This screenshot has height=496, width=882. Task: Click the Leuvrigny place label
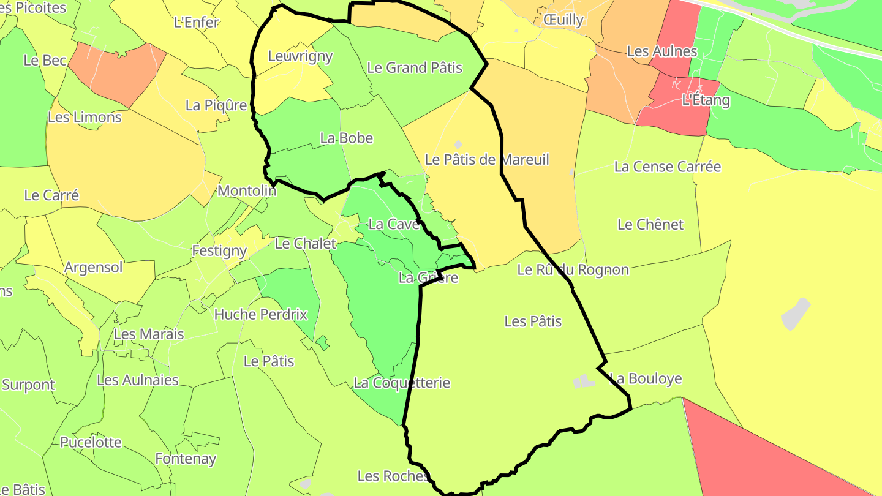coord(300,56)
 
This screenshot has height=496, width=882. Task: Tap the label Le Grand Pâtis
coord(415,67)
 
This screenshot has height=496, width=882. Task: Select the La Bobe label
coord(346,138)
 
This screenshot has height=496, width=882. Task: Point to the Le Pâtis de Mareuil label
coord(487,160)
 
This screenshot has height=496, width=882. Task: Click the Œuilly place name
coord(563,20)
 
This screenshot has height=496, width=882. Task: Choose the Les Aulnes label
coord(662,51)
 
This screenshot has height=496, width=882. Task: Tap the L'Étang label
coord(706,100)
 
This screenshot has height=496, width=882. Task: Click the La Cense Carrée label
coord(668,167)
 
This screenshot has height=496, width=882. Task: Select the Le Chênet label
coord(650,224)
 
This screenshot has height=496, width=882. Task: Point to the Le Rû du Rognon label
coord(573,269)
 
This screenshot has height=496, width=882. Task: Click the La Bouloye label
coord(646,378)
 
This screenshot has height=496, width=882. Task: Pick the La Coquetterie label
coord(402,383)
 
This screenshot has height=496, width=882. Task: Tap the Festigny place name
coord(219,250)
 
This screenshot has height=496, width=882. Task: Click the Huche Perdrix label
coord(260,314)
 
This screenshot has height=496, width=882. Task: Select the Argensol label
coord(94,268)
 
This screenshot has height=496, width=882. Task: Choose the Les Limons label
coord(85,117)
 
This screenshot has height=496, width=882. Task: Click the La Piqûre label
coord(216,105)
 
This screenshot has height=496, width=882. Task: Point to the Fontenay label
coord(186,459)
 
